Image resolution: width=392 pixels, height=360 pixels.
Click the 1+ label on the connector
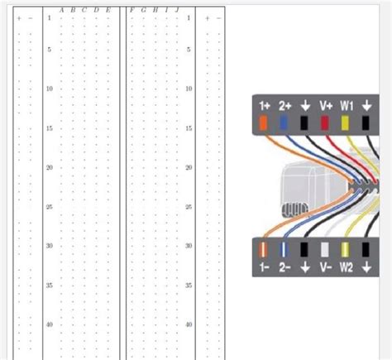coord(265,106)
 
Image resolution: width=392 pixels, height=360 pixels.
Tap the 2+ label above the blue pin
coord(285,106)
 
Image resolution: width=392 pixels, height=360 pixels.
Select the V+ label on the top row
coord(325,106)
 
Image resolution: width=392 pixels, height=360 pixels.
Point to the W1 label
coord(347,106)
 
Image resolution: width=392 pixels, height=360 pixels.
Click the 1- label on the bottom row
coord(265,267)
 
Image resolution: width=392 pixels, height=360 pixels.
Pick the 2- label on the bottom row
coord(285,267)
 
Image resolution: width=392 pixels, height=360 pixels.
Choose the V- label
coord(325,267)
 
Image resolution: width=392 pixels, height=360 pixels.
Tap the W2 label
coord(347,267)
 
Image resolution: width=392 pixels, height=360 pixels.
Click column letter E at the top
coord(108,10)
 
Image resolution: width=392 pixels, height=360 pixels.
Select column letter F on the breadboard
coord(132,10)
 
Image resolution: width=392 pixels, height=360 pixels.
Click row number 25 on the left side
coord(50,207)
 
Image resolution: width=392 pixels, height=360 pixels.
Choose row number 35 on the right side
coord(189,286)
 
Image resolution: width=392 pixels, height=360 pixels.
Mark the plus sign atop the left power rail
coord(19,17)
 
